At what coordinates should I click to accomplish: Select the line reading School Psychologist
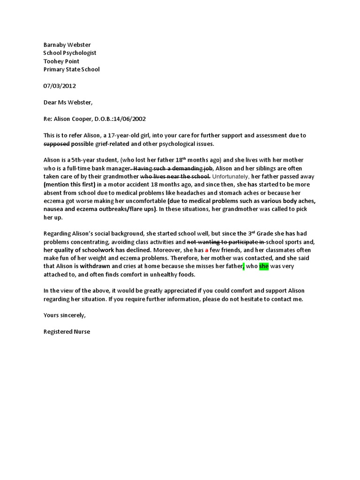click(70, 53)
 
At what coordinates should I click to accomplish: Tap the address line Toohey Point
click(61, 61)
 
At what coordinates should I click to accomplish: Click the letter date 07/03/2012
click(60, 86)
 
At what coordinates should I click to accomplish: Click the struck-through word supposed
click(56, 143)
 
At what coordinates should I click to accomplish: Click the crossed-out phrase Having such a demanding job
click(172, 168)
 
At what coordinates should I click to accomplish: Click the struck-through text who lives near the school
click(175, 176)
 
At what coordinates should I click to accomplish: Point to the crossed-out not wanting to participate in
click(226, 241)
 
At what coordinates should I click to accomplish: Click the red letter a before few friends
click(207, 250)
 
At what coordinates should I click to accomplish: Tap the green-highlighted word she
click(264, 266)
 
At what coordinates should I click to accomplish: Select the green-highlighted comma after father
click(244, 267)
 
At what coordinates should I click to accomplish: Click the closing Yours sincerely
click(64, 315)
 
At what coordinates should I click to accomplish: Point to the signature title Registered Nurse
click(67, 331)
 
